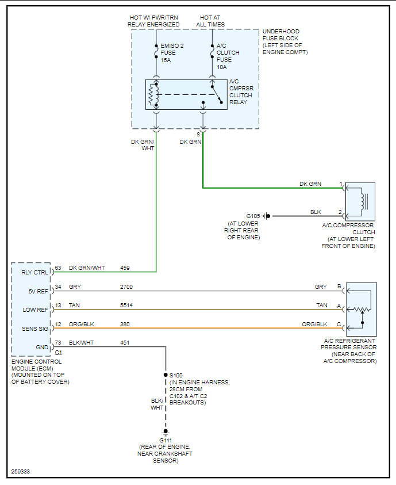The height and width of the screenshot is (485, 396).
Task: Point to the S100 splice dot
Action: (166, 375)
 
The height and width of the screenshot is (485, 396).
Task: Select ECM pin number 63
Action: (58, 268)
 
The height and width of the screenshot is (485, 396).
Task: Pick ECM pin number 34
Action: (58, 287)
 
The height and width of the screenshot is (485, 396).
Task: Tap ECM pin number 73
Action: (58, 343)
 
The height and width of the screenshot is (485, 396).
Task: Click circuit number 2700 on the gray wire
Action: (127, 287)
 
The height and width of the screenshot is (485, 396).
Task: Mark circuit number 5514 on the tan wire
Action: (127, 305)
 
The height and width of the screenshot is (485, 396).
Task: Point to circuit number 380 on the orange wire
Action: (125, 324)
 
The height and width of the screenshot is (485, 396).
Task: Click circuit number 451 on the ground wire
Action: (125, 343)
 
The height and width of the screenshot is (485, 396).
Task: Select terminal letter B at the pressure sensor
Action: (339, 287)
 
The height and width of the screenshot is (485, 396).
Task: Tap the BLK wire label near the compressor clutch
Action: (316, 212)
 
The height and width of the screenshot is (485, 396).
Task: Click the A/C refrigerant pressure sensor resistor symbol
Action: (361, 310)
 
